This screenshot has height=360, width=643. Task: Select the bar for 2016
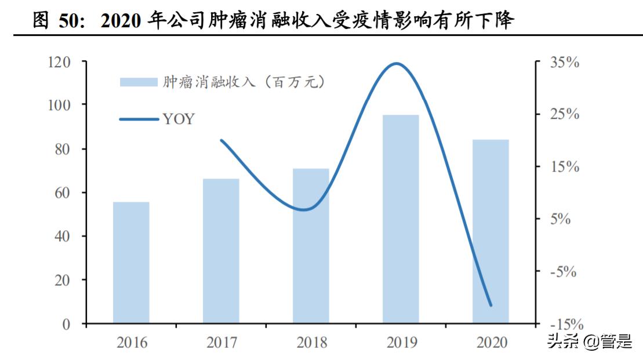[131, 262]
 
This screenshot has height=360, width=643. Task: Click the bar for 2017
[221, 250]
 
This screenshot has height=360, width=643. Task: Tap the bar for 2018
[311, 245]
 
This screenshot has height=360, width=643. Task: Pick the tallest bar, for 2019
[401, 219]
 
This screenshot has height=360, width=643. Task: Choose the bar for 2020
[491, 231]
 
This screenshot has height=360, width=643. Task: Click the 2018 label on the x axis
[311, 343]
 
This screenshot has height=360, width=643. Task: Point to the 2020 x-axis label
[491, 343]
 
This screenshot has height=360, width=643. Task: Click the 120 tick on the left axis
[60, 62]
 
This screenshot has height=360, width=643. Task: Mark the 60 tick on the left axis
[64, 192]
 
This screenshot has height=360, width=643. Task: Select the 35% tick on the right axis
[564, 63]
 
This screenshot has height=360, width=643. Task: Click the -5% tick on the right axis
[564, 271]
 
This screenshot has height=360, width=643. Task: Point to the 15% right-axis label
[564, 168]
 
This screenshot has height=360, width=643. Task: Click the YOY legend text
[179, 119]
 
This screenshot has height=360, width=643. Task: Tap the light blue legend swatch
[139, 82]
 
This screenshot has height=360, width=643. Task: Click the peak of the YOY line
[397, 64]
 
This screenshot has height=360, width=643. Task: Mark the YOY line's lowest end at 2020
[491, 305]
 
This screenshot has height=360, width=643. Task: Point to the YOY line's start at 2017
[221, 140]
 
